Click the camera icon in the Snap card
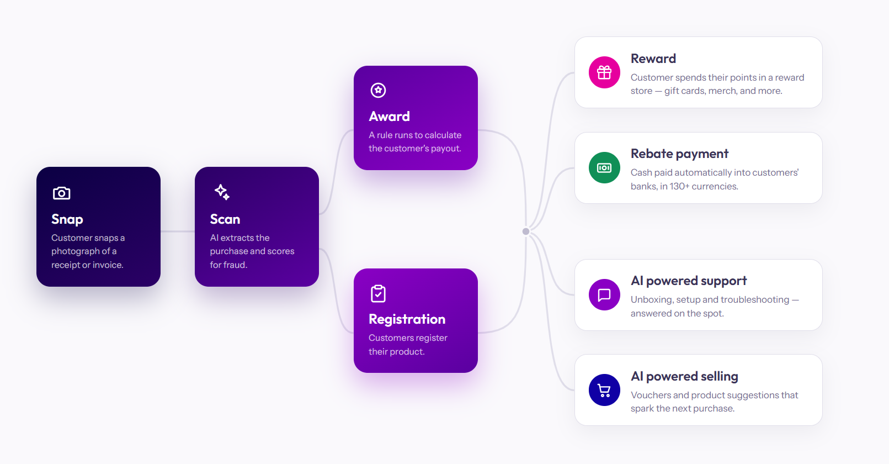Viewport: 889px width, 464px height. click(x=61, y=193)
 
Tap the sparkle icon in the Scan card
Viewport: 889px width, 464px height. click(x=222, y=192)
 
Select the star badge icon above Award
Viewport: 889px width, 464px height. click(x=378, y=90)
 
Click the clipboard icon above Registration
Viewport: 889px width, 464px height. click(x=378, y=293)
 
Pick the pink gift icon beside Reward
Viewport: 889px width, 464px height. click(x=604, y=72)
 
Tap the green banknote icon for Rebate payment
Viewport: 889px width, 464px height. click(x=604, y=167)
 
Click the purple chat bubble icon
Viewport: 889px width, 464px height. click(x=604, y=295)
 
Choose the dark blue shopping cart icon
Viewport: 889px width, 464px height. click(x=604, y=390)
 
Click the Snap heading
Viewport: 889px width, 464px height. click(x=67, y=219)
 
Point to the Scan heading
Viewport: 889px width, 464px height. click(x=225, y=219)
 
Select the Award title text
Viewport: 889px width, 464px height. click(x=390, y=117)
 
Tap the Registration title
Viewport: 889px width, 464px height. click(x=407, y=319)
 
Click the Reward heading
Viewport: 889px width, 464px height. click(x=653, y=59)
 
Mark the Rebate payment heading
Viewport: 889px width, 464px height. click(x=679, y=154)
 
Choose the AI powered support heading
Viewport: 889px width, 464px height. click(x=689, y=281)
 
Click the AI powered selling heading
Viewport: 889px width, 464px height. click(x=684, y=376)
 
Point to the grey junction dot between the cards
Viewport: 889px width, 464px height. click(x=526, y=231)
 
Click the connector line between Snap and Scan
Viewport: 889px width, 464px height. click(x=177, y=231)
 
